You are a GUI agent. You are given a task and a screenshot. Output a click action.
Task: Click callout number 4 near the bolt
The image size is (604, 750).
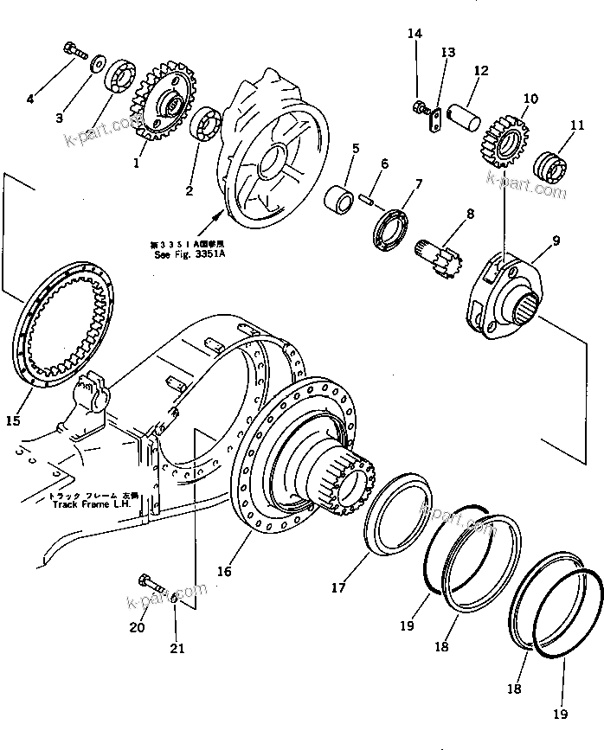tap(30, 99)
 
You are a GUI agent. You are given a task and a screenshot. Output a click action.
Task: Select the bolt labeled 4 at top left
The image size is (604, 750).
tap(75, 52)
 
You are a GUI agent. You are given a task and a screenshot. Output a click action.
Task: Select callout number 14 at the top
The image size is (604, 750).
tap(415, 34)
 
